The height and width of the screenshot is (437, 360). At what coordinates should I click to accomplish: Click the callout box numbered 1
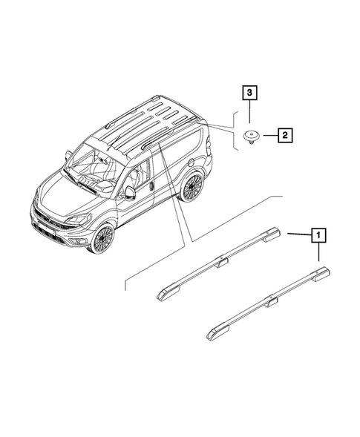pos(320,236)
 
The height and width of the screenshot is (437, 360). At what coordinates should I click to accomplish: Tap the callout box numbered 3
pos(250,93)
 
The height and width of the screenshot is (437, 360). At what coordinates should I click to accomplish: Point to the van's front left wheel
pos(101,238)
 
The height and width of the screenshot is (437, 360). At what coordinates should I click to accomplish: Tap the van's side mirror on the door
pos(130,192)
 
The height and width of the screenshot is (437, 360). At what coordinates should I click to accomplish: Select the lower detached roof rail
pos(267,302)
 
